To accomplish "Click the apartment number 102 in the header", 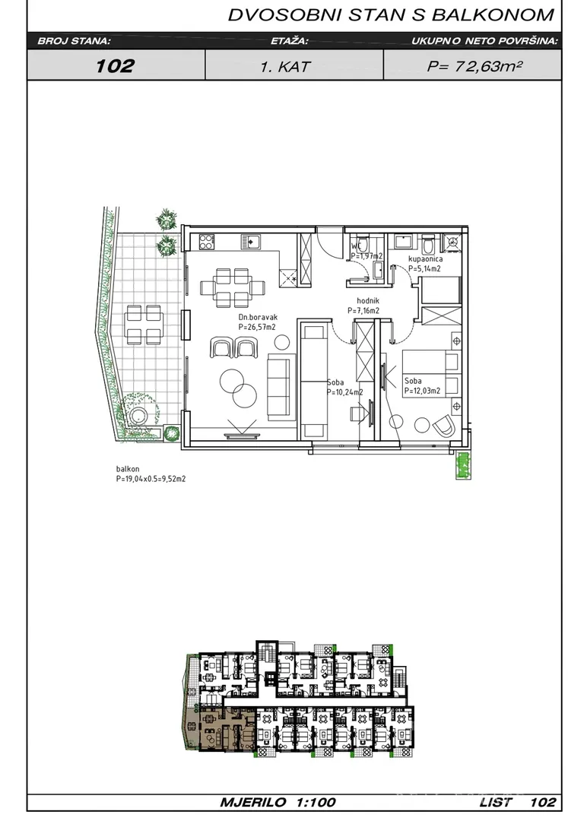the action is tap(115, 65).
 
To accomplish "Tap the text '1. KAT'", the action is tap(285, 66).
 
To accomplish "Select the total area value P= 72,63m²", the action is tap(474, 66).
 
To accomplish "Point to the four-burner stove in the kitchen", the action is tap(207, 242).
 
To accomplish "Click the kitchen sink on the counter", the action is tap(251, 242).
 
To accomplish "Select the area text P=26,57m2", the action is tap(257, 327).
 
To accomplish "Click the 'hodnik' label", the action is tap(368, 300).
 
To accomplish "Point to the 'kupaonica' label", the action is tap(426, 258).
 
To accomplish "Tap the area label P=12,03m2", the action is tap(422, 391).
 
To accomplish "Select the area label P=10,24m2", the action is tap(344, 391).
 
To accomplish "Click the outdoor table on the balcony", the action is tap(144, 325).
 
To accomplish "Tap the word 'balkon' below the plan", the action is tap(128, 470).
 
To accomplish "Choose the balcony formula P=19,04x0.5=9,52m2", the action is tap(151, 479).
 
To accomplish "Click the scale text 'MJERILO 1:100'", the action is tap(278, 802).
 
